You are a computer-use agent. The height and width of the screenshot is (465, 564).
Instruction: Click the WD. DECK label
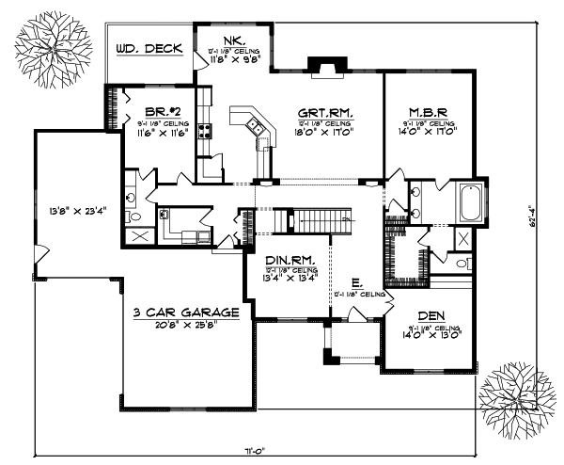pos(149,49)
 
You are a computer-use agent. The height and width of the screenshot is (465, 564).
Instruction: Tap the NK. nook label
pos(234,40)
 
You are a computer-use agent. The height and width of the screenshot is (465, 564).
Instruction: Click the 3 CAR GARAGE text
pos(184,312)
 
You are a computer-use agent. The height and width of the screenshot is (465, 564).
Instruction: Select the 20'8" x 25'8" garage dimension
pos(184,324)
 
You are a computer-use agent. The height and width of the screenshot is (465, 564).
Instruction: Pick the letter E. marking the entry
pos(356,281)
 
